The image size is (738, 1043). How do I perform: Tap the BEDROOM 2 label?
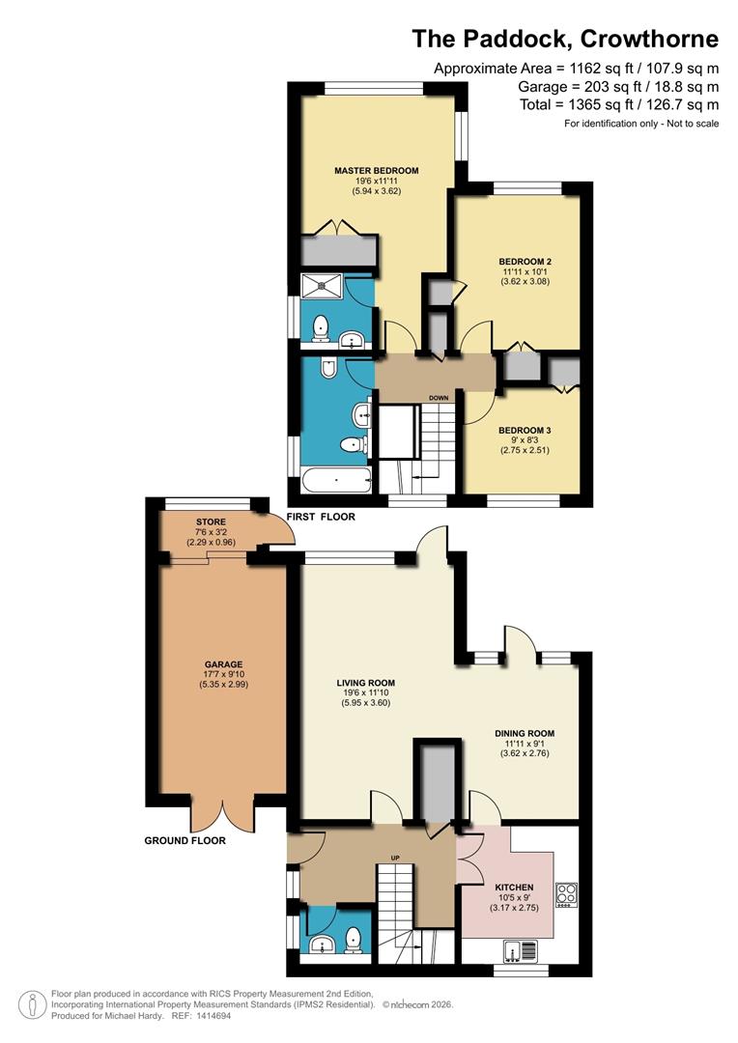525,262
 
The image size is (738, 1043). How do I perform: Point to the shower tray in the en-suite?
323,287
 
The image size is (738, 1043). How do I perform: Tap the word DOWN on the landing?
439,397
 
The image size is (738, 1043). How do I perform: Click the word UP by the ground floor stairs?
394,858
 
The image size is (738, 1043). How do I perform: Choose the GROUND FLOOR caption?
184,840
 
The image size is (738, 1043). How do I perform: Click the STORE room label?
210,521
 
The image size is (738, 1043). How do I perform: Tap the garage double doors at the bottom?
221,813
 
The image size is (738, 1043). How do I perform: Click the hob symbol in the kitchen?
565,894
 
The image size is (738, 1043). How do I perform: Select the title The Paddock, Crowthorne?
565,39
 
